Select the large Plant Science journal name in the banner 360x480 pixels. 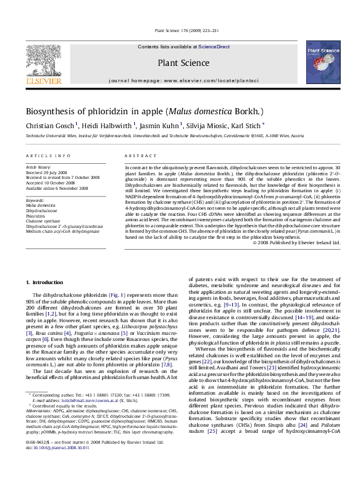[179, 62]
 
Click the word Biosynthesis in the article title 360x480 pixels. [51, 112]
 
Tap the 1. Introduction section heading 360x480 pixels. [46, 283]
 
